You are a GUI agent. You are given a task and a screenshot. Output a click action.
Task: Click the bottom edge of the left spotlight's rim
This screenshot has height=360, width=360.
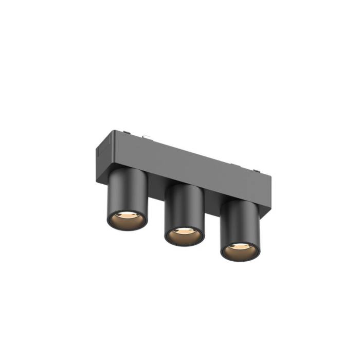click(x=127, y=230)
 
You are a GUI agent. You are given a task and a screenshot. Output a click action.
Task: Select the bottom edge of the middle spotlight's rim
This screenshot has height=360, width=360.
click(x=184, y=246)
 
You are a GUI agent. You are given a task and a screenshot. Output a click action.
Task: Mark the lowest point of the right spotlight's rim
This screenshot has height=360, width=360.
click(x=240, y=261)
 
